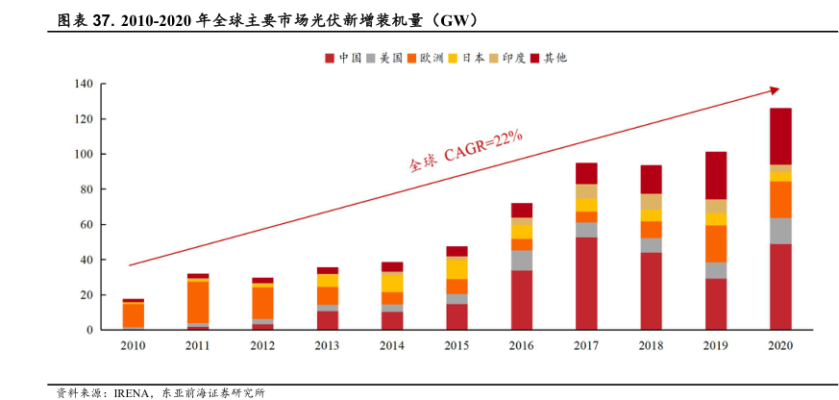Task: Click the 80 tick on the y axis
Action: pyautogui.click(x=85, y=189)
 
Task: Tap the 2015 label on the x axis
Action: pyautogui.click(x=457, y=346)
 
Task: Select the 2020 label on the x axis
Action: pyautogui.click(x=780, y=346)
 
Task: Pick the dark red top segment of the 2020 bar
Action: pyautogui.click(x=780, y=136)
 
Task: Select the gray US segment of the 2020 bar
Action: pyautogui.click(x=780, y=231)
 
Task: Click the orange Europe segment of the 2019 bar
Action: pyautogui.click(x=716, y=243)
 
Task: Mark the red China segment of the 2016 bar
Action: pyautogui.click(x=522, y=300)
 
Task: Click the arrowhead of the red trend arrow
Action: pyautogui.click(x=775, y=90)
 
